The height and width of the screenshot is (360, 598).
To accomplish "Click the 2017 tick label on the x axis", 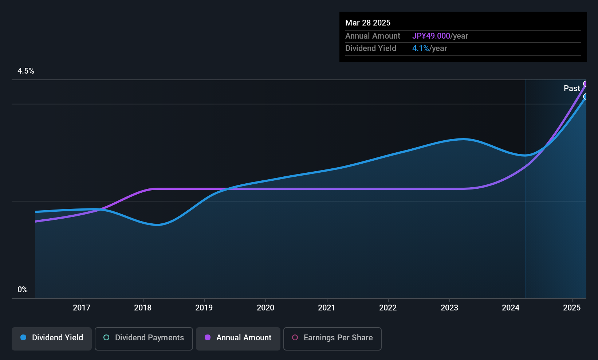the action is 82,308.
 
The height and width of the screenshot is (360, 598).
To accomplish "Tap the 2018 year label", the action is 143,308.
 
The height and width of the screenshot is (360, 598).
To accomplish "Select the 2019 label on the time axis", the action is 204,308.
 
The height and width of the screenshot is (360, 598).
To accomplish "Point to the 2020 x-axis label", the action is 265,308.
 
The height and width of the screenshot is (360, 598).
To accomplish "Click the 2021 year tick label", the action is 327,308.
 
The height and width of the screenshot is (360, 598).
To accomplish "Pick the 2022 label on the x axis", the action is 388,308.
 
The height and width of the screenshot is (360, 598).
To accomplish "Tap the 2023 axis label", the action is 449,308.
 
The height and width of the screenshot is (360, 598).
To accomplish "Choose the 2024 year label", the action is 511,308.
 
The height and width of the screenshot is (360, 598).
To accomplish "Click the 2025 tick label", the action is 572,308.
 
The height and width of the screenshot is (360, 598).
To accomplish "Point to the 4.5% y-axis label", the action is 25,71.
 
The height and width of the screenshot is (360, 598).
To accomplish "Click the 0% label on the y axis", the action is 23,290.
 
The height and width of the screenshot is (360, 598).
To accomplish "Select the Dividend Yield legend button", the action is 51,339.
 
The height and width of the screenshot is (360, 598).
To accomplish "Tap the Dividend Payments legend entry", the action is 143,339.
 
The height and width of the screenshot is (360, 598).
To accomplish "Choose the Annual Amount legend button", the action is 238,339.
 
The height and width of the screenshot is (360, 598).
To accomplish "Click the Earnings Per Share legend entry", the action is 333,339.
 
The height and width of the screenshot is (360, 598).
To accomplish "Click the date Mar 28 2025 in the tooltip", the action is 367,23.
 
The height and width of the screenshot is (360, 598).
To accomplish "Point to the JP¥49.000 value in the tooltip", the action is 431,36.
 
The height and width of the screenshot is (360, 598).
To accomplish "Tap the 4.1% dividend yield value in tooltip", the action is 421,48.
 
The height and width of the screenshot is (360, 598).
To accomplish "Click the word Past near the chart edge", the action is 572,89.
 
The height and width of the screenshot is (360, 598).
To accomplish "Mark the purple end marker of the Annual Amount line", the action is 585,84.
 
